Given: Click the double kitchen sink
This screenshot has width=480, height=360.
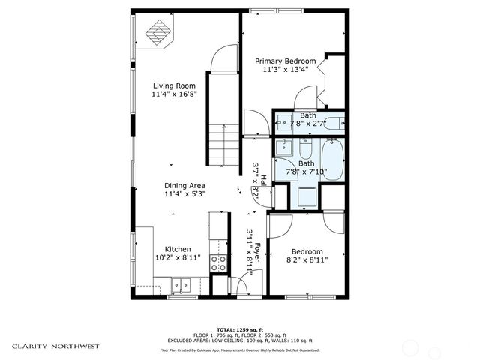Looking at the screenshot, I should point(180,284).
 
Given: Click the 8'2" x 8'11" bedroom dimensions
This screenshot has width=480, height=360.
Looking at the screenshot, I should point(307,260).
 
